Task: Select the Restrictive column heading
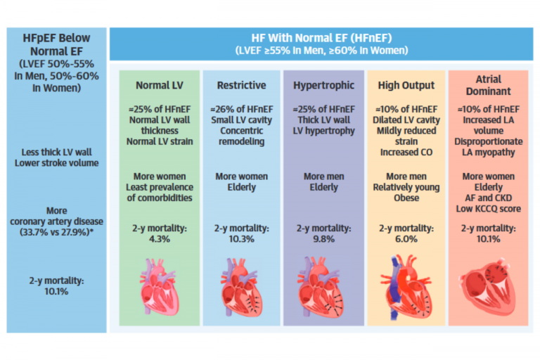click(x=240, y=86)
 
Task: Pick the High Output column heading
click(x=406, y=86)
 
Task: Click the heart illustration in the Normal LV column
click(x=159, y=285)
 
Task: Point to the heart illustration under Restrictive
click(x=240, y=285)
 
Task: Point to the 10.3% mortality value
click(x=240, y=239)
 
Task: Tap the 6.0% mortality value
click(x=406, y=239)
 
